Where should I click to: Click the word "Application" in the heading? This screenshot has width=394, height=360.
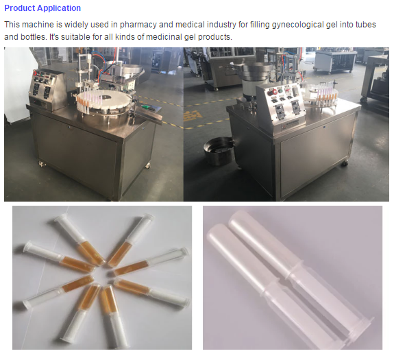[x=62, y=8]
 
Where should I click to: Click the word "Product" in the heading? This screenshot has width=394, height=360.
[x=23, y=8]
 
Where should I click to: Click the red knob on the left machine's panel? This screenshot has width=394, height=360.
[x=35, y=73]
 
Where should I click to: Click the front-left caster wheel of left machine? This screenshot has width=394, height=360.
[x=42, y=164]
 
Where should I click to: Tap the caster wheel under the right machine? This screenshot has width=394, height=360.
[x=345, y=163]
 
